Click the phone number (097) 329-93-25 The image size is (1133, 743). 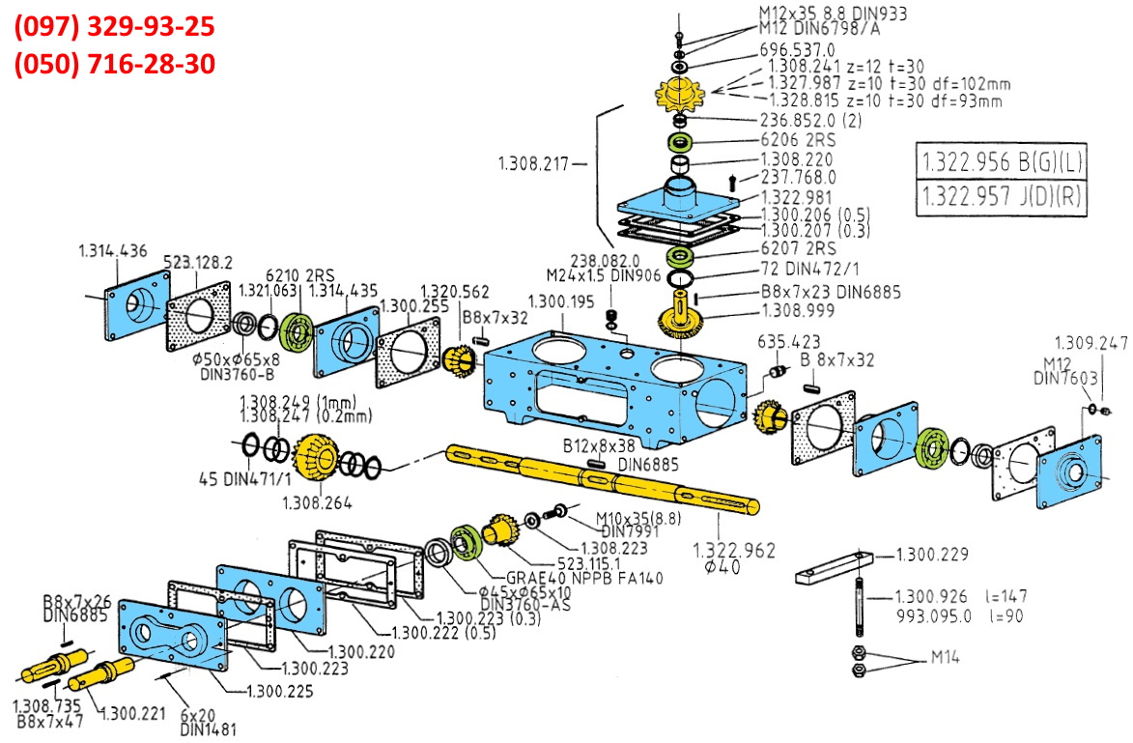(114, 26)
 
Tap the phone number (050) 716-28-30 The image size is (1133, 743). (114, 64)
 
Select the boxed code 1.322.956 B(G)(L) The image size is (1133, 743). (1001, 161)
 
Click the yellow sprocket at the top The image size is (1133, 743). (682, 96)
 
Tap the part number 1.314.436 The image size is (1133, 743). (113, 251)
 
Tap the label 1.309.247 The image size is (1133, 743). (1091, 342)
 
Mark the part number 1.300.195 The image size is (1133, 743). (561, 302)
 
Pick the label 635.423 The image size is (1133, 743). (789, 341)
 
